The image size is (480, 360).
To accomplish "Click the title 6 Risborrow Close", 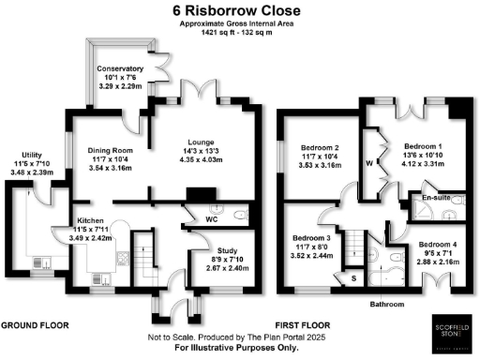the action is point(239,9).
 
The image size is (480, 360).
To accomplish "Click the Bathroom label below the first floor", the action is point(387,305).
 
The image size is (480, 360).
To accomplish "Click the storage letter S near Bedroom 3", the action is point(353,278).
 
